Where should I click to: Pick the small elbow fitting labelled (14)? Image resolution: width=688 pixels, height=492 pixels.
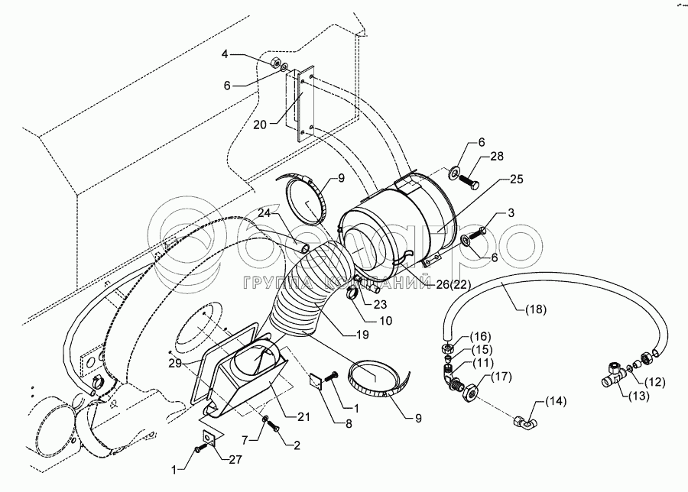click(x=525, y=420)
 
